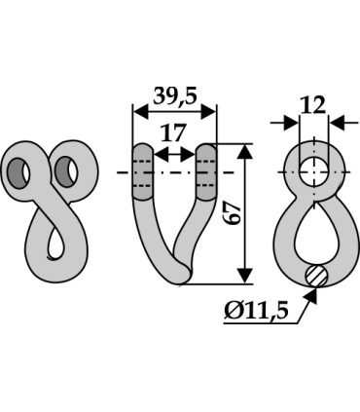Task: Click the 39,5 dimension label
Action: click(x=175, y=96)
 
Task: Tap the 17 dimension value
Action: click(x=173, y=132)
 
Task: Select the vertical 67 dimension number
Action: click(x=234, y=213)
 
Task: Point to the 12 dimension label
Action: click(x=312, y=104)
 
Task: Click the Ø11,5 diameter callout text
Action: click(x=256, y=311)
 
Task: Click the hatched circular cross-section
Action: click(x=316, y=276)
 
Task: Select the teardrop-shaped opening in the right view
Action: click(x=315, y=230)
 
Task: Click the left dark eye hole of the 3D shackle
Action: click(x=18, y=173)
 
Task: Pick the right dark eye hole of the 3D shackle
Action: click(x=66, y=171)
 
